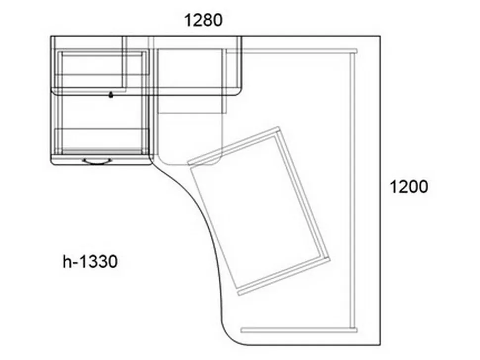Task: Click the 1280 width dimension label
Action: point(203,20)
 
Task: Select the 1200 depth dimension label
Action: point(409,186)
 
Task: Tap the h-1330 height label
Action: point(90,262)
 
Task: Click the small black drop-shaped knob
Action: point(111,95)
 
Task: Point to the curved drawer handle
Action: point(96,162)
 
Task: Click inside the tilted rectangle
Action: point(259,211)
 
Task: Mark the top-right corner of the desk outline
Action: point(380,36)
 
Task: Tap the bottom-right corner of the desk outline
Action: point(380,345)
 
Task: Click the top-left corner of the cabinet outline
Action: point(51,37)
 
